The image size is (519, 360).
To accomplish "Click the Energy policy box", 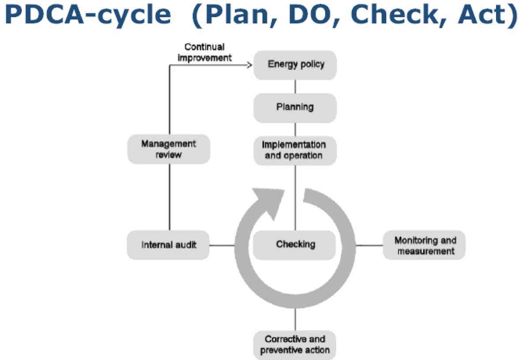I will (295, 65).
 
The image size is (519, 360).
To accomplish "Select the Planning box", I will (295, 107).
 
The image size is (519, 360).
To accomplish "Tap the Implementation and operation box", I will (295, 150).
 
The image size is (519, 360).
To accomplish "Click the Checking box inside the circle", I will (295, 244).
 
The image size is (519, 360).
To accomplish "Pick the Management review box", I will (169, 149).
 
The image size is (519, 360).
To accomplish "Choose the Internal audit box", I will (169, 245).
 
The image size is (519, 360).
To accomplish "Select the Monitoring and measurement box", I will (425, 246).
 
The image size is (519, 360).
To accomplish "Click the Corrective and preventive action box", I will (295, 345).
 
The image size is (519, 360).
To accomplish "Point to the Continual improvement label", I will (204, 52).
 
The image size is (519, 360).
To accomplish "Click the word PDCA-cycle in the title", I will (89, 16).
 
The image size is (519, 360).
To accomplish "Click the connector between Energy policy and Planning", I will (295, 86).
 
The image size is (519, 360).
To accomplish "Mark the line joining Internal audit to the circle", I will (222, 245).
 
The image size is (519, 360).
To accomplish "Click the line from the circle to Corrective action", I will (295, 319).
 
